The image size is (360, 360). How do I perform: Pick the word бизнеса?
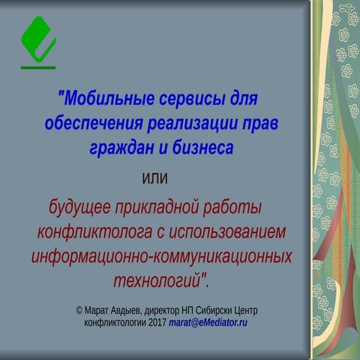tap(203, 148)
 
